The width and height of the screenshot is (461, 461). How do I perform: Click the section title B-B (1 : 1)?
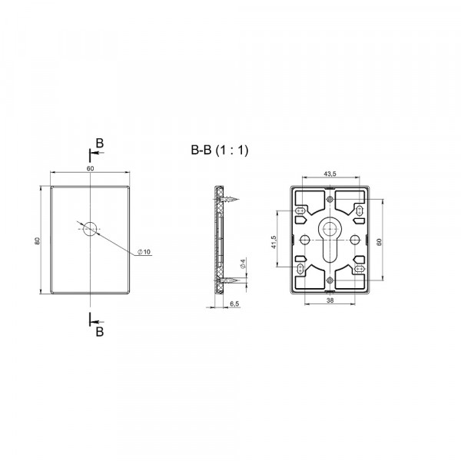[x=219, y=151]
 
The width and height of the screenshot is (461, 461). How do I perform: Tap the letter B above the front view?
[x=100, y=144]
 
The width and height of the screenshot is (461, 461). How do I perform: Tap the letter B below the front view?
[x=100, y=332]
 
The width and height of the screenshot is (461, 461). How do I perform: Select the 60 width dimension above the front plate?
[x=90, y=168]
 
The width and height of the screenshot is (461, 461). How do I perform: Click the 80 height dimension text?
[x=37, y=240]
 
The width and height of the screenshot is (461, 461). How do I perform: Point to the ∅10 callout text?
[x=144, y=252]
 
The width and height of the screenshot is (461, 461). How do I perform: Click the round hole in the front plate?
[x=90, y=229]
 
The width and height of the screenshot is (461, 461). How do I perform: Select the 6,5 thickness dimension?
[x=234, y=303]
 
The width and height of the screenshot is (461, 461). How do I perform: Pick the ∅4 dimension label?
[x=243, y=264]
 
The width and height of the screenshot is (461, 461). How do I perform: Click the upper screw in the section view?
[x=229, y=200]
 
